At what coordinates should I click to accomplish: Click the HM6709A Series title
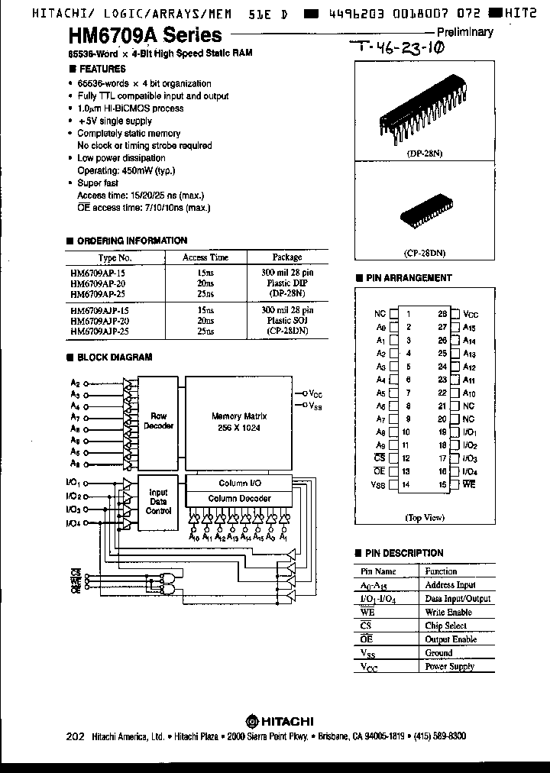[144, 35]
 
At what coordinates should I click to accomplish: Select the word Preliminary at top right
[464, 32]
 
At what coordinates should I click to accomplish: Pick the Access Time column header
[205, 257]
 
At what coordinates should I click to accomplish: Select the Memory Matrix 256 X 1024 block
[238, 421]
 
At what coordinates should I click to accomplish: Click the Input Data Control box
[158, 501]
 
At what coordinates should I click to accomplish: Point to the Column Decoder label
[239, 498]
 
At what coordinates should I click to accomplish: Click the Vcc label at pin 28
[471, 314]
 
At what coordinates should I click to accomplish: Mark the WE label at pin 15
[469, 485]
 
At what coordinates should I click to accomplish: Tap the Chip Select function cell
[445, 626]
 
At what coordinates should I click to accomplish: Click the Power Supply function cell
[449, 667]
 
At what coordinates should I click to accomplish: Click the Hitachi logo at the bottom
[275, 718]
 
